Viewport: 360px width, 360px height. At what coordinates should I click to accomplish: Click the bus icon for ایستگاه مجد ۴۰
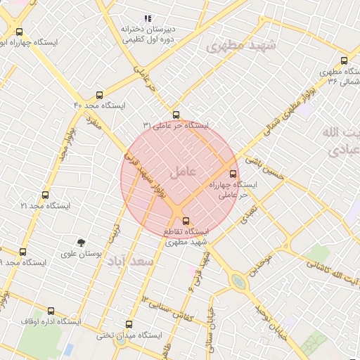coord(98,94)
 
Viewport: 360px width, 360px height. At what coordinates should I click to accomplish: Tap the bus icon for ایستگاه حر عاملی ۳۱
coord(176,115)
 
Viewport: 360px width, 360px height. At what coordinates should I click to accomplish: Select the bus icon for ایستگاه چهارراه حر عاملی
coord(233,173)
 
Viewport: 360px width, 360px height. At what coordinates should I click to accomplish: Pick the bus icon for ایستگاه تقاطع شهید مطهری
coord(186,221)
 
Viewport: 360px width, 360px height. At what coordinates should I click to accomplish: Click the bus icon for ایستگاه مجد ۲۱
coord(45,195)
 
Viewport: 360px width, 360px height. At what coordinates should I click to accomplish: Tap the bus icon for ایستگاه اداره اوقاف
coord(51,311)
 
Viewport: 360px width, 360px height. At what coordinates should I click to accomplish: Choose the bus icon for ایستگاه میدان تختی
coord(128,324)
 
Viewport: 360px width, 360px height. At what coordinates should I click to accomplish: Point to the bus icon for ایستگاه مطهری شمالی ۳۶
coord(343,60)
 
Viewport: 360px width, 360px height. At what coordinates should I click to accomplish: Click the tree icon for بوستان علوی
coord(82,243)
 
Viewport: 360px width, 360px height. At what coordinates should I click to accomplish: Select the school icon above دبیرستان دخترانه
coord(148,18)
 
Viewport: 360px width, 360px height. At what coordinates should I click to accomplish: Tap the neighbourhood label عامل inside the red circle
coord(183,171)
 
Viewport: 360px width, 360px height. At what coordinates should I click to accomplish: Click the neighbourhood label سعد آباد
coord(130,262)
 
